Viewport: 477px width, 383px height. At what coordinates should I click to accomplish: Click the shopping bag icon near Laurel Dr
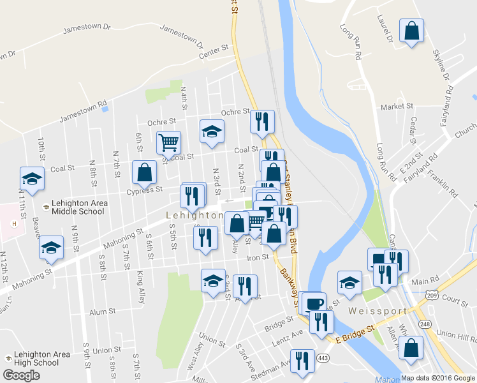pos(412,31)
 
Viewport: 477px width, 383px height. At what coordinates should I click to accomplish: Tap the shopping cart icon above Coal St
pos(169,142)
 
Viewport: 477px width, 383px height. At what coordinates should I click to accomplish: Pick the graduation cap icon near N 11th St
pos(32,179)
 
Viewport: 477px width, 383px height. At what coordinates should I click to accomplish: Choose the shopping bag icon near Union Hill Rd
pos(411,347)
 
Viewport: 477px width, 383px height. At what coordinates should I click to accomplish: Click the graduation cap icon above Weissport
pos(349,282)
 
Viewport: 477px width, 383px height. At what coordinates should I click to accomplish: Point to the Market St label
pos(393,106)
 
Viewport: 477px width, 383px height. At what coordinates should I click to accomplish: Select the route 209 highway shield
pos(433,296)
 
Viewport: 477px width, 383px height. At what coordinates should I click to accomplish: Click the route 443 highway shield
pos(325,357)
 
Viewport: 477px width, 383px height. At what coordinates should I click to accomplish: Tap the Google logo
pos(22,375)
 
